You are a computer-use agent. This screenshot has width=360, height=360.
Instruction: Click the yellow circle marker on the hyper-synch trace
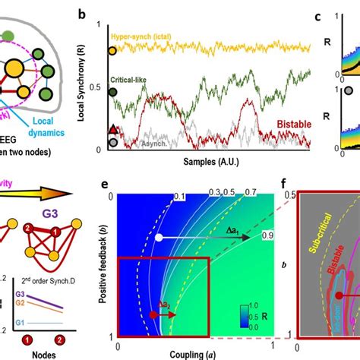coord(113,52)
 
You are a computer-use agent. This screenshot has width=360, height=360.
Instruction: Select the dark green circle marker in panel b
coord(113,92)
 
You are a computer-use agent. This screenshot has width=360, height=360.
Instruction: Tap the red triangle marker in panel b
coord(113,128)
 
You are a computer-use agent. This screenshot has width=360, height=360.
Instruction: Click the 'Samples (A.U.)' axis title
coord(213,163)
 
